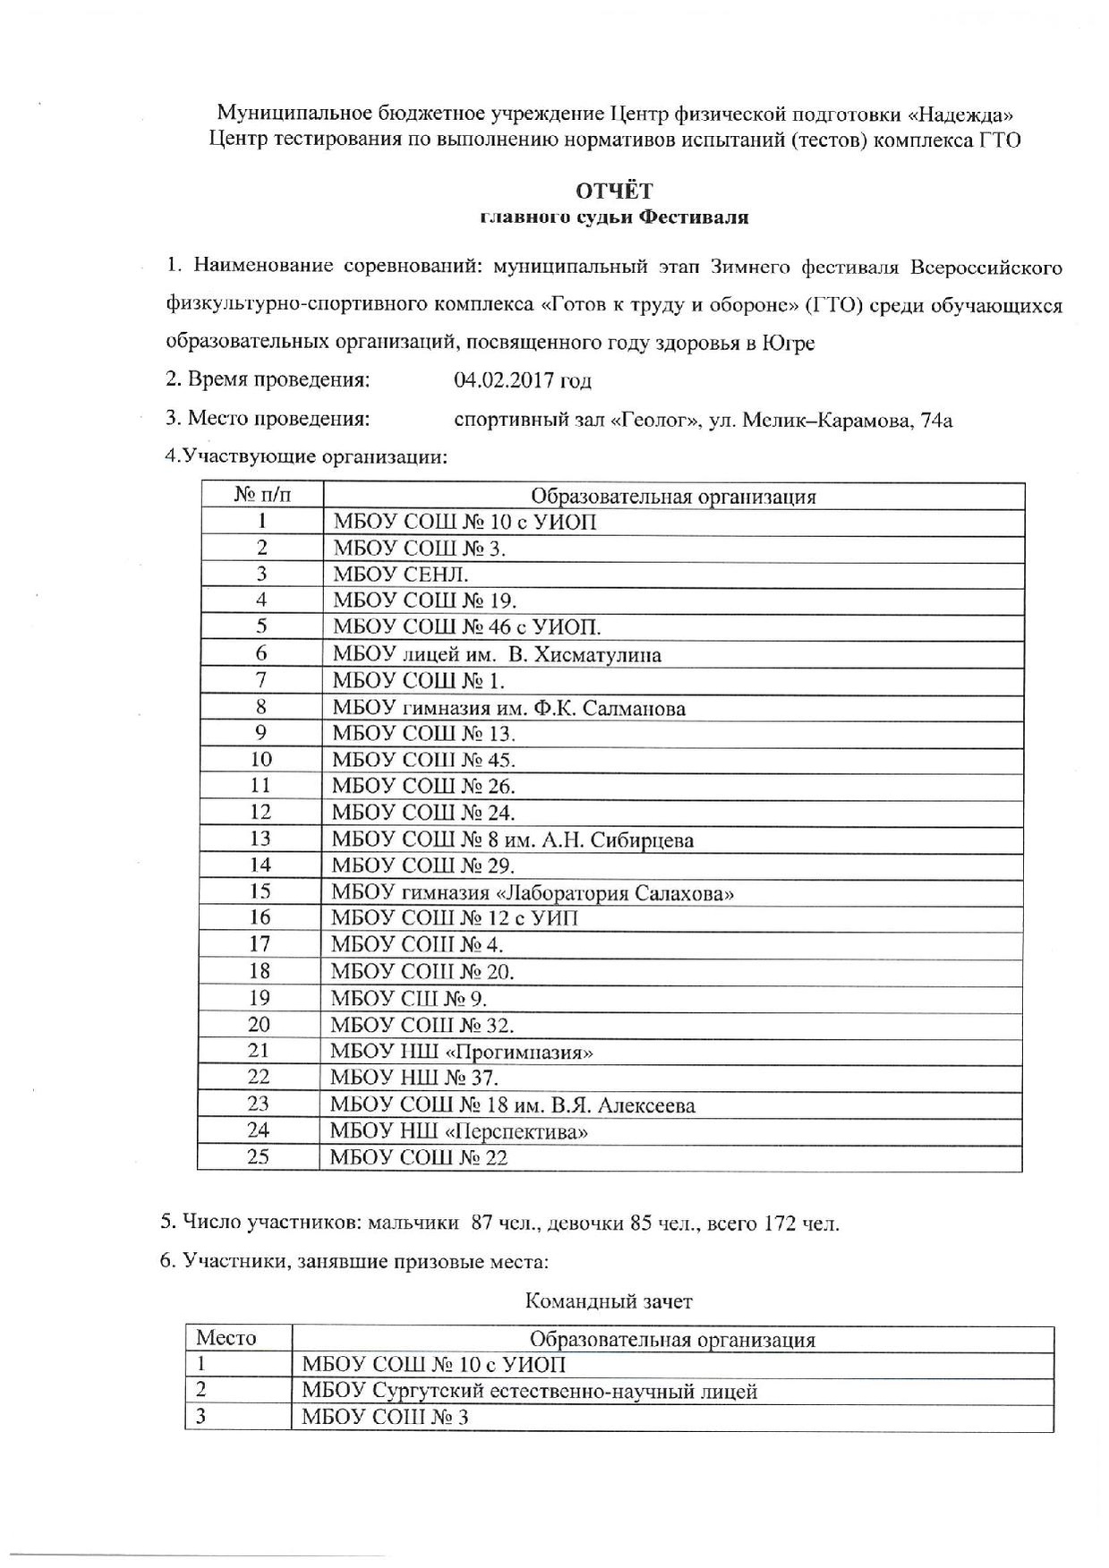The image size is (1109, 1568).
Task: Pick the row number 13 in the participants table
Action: click(x=260, y=839)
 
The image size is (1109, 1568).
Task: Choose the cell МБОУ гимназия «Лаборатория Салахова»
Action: click(x=533, y=892)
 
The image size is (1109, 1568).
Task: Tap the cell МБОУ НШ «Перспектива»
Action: click(x=459, y=1131)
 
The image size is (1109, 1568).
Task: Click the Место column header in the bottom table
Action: click(x=226, y=1338)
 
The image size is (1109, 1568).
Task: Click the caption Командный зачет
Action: click(x=609, y=1300)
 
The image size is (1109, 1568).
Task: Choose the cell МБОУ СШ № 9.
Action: click(x=408, y=999)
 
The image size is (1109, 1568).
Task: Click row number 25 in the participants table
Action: click(x=258, y=1156)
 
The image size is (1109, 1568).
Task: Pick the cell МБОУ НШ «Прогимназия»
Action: click(x=462, y=1052)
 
